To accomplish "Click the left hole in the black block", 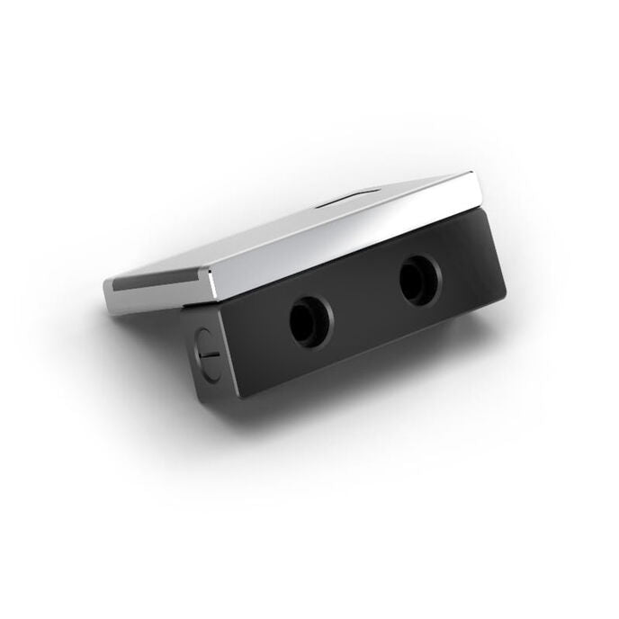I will click(x=310, y=321).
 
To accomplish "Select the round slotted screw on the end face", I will click(x=205, y=348).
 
